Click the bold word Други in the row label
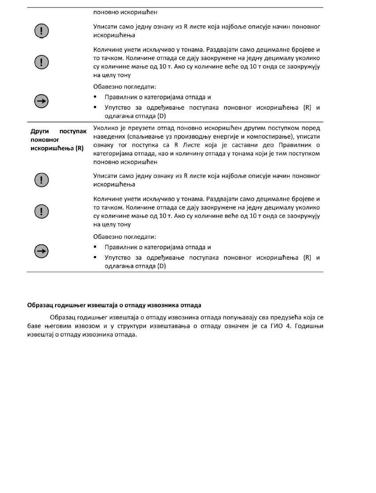tap(39, 131)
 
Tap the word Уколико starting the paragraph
tap(106, 129)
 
